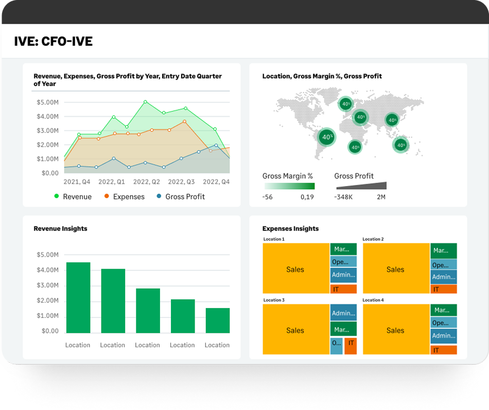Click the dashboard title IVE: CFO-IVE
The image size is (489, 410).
click(x=54, y=42)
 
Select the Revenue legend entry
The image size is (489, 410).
click(x=77, y=197)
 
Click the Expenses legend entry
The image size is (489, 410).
click(x=128, y=197)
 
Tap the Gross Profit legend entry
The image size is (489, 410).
click(x=185, y=197)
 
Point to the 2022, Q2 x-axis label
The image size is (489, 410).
click(x=147, y=182)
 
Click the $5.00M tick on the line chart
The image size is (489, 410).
click(x=48, y=102)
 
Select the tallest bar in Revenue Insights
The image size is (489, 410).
click(x=78, y=297)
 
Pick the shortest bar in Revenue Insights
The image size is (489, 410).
click(x=217, y=320)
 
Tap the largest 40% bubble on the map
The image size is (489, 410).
click(x=326, y=137)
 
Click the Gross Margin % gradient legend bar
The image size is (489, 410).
click(x=289, y=186)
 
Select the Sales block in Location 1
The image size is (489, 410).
click(x=295, y=269)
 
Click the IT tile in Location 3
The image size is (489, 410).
click(x=351, y=343)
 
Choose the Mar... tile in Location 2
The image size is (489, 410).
click(x=443, y=251)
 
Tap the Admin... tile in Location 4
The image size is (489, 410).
click(x=443, y=335)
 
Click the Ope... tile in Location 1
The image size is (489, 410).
click(x=343, y=262)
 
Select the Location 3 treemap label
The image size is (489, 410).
click(x=273, y=300)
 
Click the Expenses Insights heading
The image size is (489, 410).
click(x=290, y=228)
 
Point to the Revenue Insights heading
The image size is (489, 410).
click(x=60, y=228)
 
